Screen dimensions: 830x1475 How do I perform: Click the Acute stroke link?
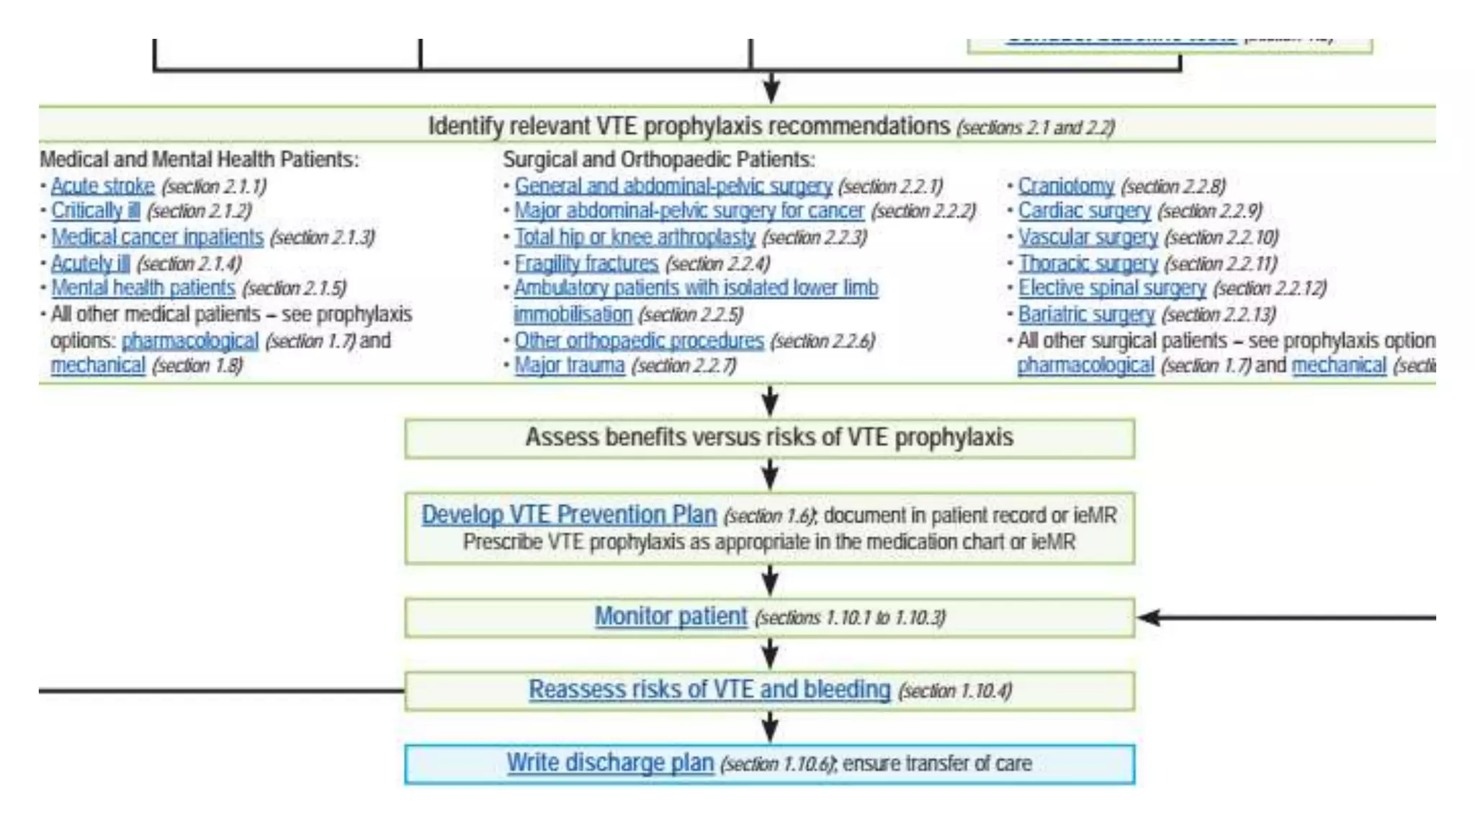point(102,186)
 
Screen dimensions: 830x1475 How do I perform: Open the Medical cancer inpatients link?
point(157,237)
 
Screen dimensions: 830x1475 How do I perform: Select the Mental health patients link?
point(143,288)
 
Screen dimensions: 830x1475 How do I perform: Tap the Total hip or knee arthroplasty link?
point(635,237)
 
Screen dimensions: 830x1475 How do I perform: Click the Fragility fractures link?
point(586,264)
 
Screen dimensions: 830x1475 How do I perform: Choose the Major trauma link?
point(569,365)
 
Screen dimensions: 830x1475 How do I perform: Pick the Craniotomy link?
point(1065,186)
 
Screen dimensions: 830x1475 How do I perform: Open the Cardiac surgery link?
point(1084,211)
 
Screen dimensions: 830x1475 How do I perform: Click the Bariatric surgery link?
point(1086,315)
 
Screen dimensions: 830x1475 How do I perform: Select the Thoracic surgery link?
point(1088,264)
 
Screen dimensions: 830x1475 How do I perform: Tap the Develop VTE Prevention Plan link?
point(569,514)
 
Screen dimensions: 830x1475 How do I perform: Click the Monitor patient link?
point(671,617)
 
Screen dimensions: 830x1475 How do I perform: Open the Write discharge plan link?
point(610,762)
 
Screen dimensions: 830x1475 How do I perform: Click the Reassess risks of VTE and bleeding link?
point(709,690)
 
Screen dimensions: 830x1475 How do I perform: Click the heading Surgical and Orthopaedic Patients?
point(658,159)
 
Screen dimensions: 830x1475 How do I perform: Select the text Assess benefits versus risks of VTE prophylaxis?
point(768,437)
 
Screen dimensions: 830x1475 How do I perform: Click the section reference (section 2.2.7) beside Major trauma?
point(683,366)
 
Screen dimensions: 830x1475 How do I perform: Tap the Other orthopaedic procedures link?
point(639,341)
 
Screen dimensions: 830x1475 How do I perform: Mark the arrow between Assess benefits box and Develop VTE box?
point(770,475)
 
